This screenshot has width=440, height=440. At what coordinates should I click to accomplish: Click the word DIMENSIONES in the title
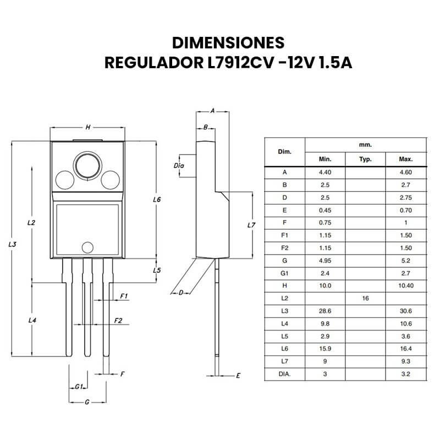point(228,43)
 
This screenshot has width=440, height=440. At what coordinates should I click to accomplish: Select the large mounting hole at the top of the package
point(87,164)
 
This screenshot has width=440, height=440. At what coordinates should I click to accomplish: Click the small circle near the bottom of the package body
point(87,247)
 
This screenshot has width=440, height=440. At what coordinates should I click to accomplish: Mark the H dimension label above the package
point(87,127)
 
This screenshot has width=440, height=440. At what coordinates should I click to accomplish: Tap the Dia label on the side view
point(178,165)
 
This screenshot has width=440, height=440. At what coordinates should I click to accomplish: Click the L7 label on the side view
point(251,225)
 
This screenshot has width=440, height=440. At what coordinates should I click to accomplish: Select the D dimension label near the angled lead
point(180,293)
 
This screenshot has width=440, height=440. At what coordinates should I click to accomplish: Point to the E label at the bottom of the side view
point(238,376)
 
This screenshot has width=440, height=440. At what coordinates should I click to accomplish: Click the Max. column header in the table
point(406,159)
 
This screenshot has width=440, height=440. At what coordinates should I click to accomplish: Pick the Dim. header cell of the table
point(284,151)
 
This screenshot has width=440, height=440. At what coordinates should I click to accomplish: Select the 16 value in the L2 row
point(365,298)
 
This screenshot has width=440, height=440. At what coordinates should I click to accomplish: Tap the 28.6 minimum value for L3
point(324,311)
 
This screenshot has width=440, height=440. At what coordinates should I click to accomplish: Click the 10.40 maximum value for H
point(406,285)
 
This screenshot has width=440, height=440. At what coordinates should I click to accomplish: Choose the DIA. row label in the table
point(284,374)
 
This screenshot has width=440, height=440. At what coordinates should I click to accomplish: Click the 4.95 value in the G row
point(324,260)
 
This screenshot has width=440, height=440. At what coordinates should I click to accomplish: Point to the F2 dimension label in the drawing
point(118,320)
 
